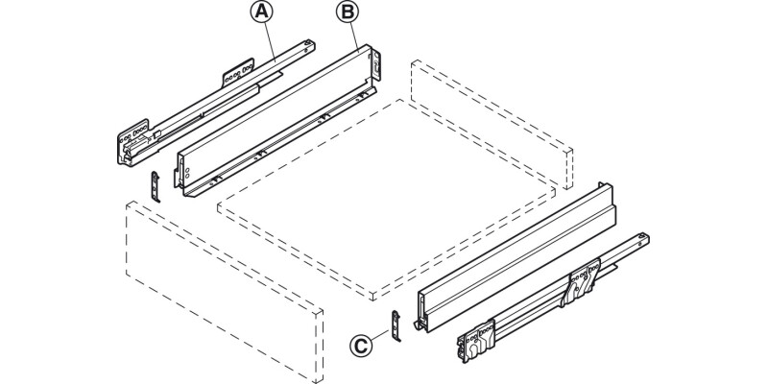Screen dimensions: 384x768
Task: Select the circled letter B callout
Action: pos(346,13)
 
